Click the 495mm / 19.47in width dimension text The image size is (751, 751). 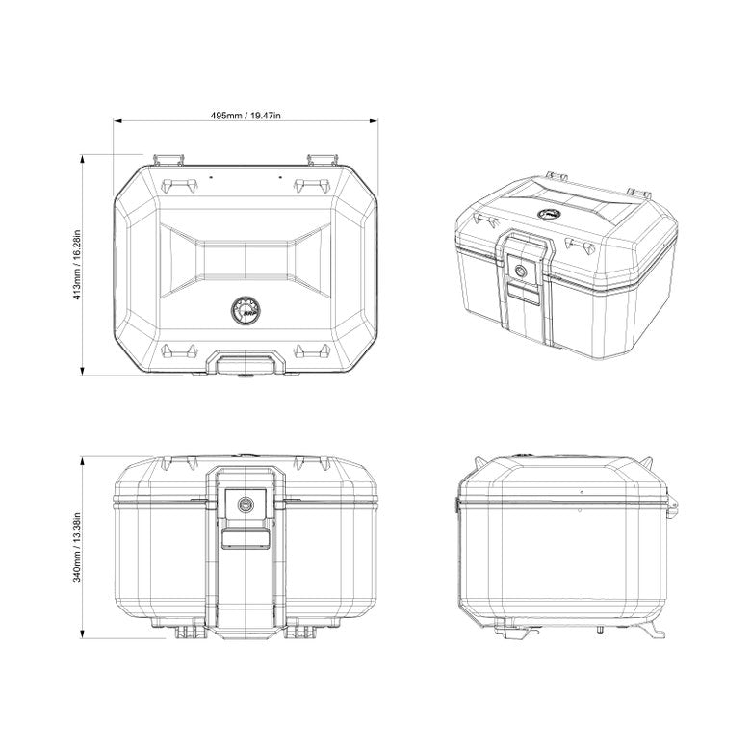tap(246, 115)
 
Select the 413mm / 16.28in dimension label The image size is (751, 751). tap(76, 263)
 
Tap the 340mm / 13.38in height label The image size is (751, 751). tap(76, 546)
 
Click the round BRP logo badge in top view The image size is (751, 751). tap(243, 309)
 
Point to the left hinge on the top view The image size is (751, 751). tap(168, 158)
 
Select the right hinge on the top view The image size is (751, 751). tap(322, 158)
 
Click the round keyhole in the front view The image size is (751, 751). tap(247, 504)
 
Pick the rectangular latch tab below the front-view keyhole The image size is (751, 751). tap(247, 538)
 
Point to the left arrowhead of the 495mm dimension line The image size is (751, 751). tap(118, 122)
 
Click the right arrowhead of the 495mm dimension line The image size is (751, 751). tap(373, 122)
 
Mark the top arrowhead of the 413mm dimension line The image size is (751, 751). tap(85, 156)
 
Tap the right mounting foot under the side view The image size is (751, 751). tap(654, 627)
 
